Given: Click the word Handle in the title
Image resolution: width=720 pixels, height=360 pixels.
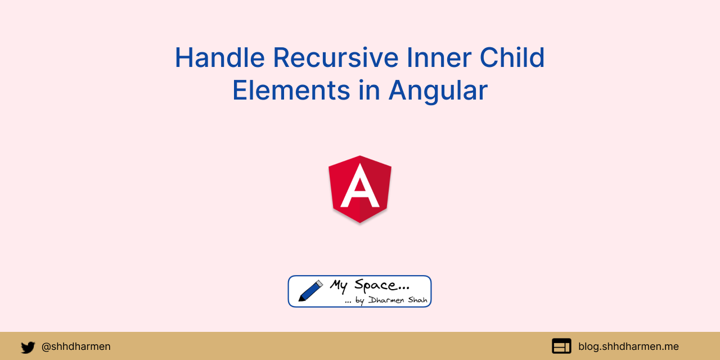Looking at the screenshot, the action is coord(220,57).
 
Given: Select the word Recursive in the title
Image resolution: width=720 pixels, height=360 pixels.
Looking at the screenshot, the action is coord(336,57).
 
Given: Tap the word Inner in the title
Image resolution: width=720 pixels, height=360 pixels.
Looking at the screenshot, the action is coord(439,57).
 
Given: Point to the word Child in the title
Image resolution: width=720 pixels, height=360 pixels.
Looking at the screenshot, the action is coord(512,57).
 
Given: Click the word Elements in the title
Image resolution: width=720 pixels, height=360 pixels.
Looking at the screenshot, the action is coord(291,91).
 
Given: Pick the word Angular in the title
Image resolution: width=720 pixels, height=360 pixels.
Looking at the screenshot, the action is coord(438,91).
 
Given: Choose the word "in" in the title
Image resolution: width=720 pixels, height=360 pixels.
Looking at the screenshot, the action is coord(370,90).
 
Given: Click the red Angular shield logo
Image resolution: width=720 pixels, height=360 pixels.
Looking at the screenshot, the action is coord(360,190).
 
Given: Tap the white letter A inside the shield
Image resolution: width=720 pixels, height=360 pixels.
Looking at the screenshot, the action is coord(360,186).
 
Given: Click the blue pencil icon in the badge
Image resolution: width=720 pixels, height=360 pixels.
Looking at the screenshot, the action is coord(310,291).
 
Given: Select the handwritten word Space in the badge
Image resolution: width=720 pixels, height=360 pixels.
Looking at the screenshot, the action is coord(382,286).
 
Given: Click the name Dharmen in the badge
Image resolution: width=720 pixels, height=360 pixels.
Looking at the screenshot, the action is coord(386,300).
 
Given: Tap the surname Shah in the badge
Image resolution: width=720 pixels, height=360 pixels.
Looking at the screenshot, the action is coord(417,300).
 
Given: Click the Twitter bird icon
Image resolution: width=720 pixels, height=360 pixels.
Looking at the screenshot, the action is coord(28,347).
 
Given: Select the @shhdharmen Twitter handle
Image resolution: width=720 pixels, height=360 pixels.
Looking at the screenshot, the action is coord(76,346).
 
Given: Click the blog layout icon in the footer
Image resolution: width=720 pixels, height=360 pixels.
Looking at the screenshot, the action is coord(561,346).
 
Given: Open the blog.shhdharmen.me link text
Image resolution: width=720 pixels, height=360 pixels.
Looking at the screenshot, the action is coord(628,346).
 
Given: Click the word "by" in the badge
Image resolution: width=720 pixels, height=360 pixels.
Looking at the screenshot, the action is coord(359,301).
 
